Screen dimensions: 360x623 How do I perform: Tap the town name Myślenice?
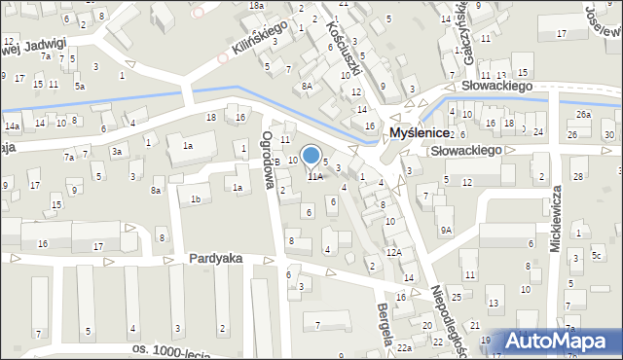419,132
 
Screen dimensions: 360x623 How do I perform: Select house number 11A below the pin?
315,177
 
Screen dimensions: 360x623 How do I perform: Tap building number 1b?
196,199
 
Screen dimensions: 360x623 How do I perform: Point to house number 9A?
445,230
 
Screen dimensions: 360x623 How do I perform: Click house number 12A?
392,252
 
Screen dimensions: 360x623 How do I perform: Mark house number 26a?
582,115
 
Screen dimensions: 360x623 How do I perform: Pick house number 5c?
597,256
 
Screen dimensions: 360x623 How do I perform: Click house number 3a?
116,151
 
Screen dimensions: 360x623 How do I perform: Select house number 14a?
12,126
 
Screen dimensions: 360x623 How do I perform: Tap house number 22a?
404,347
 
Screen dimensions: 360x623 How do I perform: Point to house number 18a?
256,6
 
